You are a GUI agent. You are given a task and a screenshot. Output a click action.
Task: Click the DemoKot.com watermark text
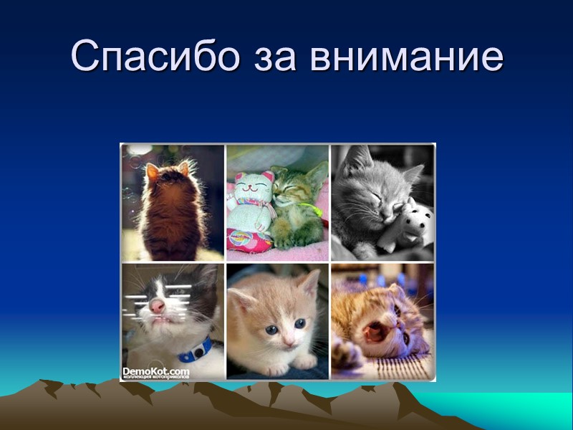pos(155,371)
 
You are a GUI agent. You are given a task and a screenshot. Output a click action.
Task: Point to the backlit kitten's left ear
pos(151,171)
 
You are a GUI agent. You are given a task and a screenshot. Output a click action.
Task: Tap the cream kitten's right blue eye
pos(300,323)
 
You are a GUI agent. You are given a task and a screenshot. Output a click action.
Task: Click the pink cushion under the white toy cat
pos(247,241)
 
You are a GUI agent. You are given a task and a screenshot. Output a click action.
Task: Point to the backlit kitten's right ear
pos(184,168)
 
